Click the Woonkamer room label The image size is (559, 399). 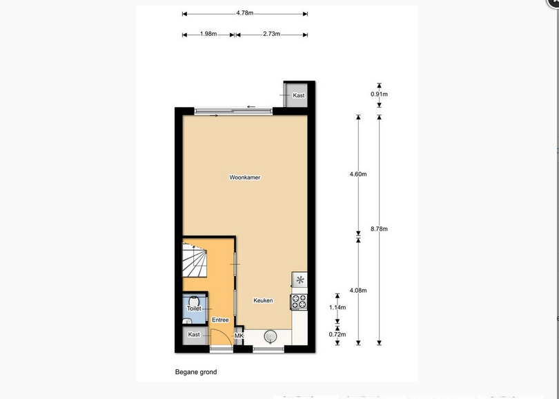244,177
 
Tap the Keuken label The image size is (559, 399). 263,300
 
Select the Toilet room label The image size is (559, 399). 194,309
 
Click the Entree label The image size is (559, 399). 220,320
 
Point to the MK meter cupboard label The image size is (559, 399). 239,336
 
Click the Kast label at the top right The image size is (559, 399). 299,95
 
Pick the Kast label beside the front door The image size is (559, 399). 194,335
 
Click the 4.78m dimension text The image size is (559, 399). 244,13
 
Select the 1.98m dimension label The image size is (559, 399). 208,34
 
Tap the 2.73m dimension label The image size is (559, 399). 272,34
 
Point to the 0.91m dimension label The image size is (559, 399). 379,95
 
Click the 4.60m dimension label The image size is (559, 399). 358,175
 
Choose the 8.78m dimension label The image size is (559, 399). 379,229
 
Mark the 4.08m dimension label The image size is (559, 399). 358,290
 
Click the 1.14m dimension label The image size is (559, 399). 337,307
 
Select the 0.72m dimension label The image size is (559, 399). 337,335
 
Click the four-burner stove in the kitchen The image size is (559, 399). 299,302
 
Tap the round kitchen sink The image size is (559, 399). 271,336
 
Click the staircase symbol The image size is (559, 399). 195,260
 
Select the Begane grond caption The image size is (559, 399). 196,372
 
